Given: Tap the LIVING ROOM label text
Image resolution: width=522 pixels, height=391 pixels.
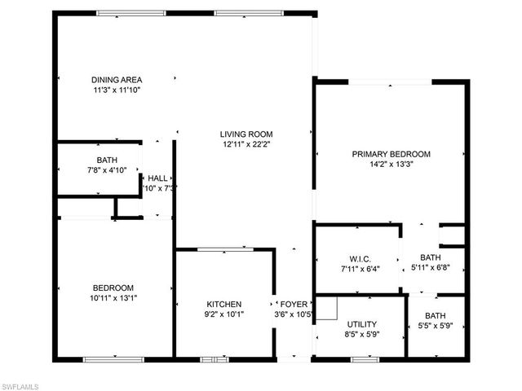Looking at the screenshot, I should [246, 134].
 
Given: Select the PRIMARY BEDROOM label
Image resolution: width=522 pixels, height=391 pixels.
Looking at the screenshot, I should [391, 154].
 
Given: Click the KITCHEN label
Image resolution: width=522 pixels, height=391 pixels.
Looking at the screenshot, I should [223, 304].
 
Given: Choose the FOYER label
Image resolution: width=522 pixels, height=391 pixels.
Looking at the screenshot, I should [294, 304].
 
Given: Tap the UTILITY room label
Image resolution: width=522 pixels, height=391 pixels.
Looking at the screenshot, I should [361, 323].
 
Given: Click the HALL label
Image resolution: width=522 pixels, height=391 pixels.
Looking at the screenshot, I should [157, 178].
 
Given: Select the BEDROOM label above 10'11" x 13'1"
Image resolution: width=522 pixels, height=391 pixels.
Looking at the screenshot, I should [113, 288].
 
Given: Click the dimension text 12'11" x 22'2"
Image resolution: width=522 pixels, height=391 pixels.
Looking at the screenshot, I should [246, 144].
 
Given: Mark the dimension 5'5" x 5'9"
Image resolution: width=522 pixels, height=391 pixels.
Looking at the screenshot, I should [435, 327].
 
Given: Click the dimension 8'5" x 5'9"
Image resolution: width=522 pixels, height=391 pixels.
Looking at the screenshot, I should [361, 333].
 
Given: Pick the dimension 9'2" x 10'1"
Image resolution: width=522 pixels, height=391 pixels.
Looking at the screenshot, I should [223, 314].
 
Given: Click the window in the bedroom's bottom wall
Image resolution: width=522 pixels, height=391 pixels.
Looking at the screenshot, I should [107, 359].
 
